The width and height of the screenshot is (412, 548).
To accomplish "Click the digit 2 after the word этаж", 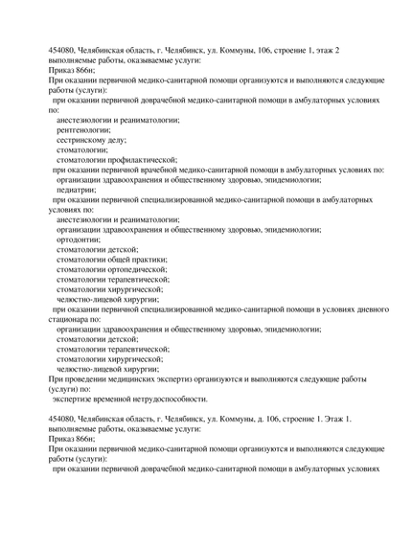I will tap(336, 49).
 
